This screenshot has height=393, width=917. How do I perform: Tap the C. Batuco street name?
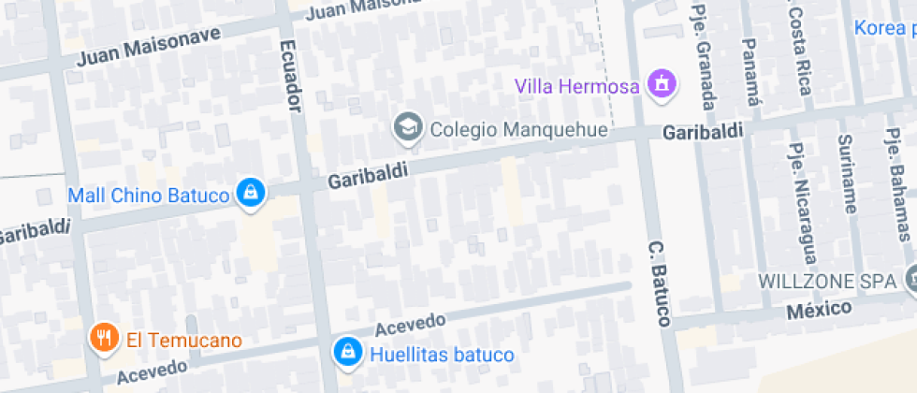click(659, 284)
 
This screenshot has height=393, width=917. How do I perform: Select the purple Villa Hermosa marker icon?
click(662, 83)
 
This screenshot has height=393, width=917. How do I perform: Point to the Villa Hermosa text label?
click(577, 86)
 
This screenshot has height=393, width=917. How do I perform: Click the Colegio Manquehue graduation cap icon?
click(408, 128)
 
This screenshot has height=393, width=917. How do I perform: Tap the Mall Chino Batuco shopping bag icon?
click(251, 193)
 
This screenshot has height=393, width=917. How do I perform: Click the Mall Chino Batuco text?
click(149, 196)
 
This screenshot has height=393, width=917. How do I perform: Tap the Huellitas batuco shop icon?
click(347, 352)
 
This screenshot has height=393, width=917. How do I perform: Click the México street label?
click(820, 309)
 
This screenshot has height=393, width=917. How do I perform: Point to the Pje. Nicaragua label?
click(802, 198)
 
